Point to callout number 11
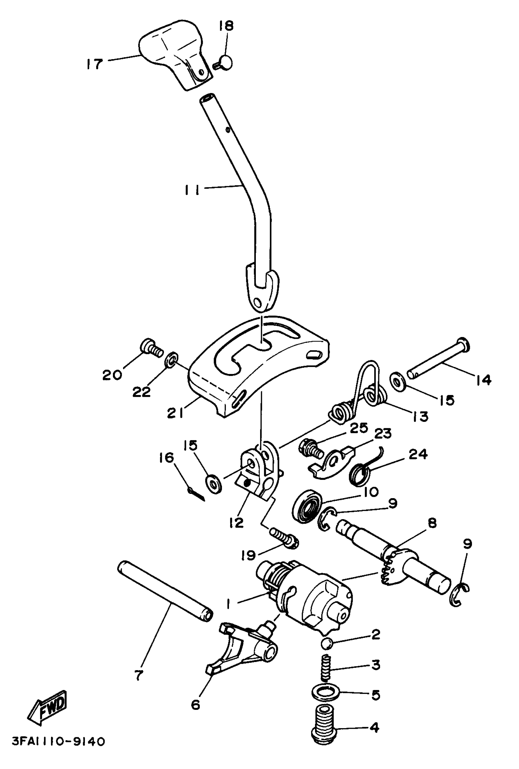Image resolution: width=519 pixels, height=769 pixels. (192, 190)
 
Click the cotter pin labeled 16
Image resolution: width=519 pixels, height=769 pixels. (196, 494)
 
